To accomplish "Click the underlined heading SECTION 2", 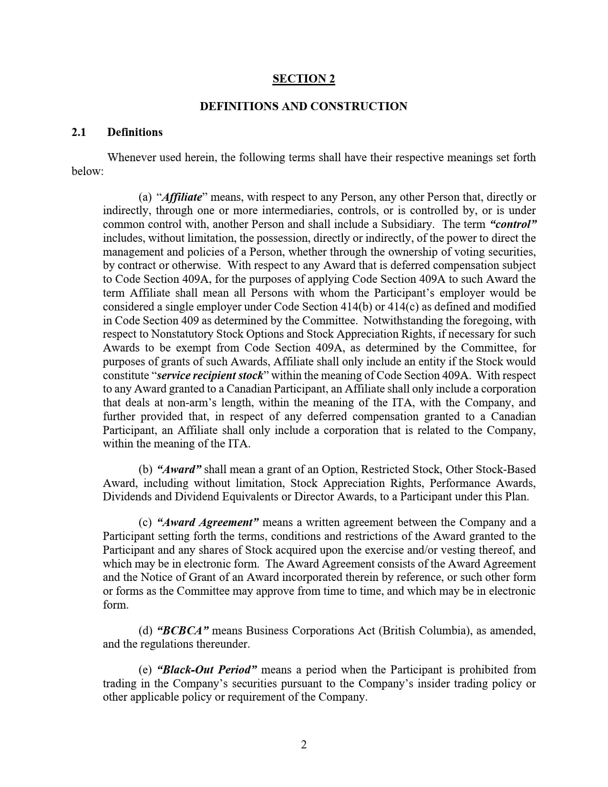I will (304, 79).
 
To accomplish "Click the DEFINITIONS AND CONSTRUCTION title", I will (304, 106).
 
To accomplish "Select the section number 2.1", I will (79, 132).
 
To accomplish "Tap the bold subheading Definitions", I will (135, 132).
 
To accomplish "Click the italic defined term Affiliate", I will (182, 197).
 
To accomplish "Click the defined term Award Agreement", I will (207, 522).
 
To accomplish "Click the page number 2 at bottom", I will (304, 745).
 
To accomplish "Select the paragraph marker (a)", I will (145, 197).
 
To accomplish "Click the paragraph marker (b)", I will (145, 469).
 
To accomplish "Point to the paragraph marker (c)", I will (145, 522).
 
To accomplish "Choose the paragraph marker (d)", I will (145, 631).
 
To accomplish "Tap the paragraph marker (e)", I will (145, 670).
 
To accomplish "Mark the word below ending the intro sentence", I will (87, 171).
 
